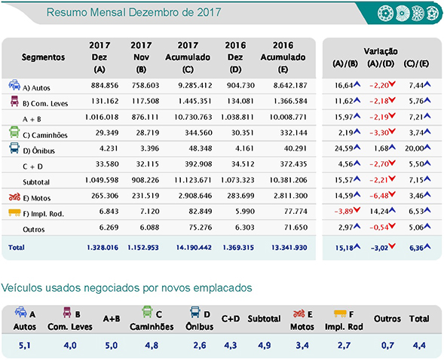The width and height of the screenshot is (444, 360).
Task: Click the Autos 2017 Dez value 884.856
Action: pos(105,85)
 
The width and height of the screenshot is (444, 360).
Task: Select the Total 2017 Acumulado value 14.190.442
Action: pos(194,248)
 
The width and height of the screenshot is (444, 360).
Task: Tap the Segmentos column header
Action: pos(43,57)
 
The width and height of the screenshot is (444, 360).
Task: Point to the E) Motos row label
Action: pos(36,198)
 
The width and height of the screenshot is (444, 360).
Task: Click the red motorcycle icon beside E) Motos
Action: pos(14,197)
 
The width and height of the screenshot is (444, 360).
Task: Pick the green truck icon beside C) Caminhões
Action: pos(14,132)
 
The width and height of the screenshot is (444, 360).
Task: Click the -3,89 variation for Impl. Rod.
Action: pos(344,211)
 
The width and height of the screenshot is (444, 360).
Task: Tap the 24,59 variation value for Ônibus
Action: pos(344,148)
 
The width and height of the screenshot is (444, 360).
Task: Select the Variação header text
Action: pos(381,51)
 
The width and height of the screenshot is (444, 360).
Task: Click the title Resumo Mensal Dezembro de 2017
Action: pos(133,13)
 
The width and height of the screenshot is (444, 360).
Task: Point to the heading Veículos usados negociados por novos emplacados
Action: pos(127,288)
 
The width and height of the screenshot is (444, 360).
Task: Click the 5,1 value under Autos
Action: pos(25,345)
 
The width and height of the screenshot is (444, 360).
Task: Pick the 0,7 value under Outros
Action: pos(387,345)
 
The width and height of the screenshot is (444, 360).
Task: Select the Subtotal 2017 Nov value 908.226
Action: pos(145,180)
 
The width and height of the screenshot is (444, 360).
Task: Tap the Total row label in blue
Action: pos(17,248)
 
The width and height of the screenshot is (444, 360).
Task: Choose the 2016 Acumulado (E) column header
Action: pos(283,57)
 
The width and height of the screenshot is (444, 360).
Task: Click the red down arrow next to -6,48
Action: pos(392,194)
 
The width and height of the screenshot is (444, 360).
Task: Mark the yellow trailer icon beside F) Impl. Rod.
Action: pos(14,212)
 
